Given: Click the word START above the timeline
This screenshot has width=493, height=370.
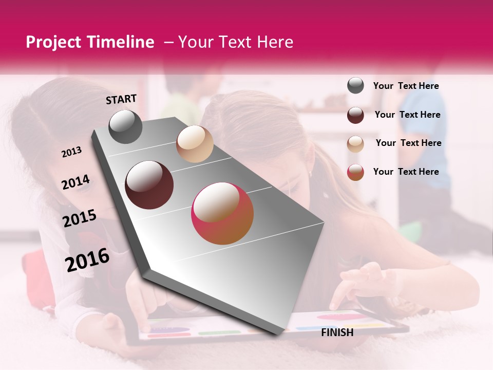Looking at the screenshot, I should (121, 99).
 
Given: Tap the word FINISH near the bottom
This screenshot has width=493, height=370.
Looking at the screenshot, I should (337, 332).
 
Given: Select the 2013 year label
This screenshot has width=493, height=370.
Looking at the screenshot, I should (72, 152).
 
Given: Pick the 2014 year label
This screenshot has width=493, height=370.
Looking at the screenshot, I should (76, 182).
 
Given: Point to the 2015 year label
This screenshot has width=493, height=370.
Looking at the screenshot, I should (80, 218).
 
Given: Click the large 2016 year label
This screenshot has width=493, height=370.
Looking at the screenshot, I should (87, 260).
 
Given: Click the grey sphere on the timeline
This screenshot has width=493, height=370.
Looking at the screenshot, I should (125, 126).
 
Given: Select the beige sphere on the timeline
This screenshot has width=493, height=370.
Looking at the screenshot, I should (195, 144).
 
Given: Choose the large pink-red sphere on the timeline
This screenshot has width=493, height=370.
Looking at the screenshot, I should (222, 213).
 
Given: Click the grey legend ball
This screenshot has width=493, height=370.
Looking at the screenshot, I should (355, 86).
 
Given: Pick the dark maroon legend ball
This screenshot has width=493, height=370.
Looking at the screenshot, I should (355, 115).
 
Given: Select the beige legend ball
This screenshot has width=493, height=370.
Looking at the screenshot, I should (355, 144).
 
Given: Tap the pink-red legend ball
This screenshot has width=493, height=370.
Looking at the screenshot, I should (355, 172).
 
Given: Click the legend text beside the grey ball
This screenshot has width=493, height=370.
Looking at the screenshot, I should (406, 86).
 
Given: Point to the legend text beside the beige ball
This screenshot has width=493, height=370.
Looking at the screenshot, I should (408, 143).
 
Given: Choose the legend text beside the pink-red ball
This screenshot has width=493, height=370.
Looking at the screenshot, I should (406, 172).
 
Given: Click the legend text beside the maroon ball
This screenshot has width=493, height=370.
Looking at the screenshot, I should (408, 115).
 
